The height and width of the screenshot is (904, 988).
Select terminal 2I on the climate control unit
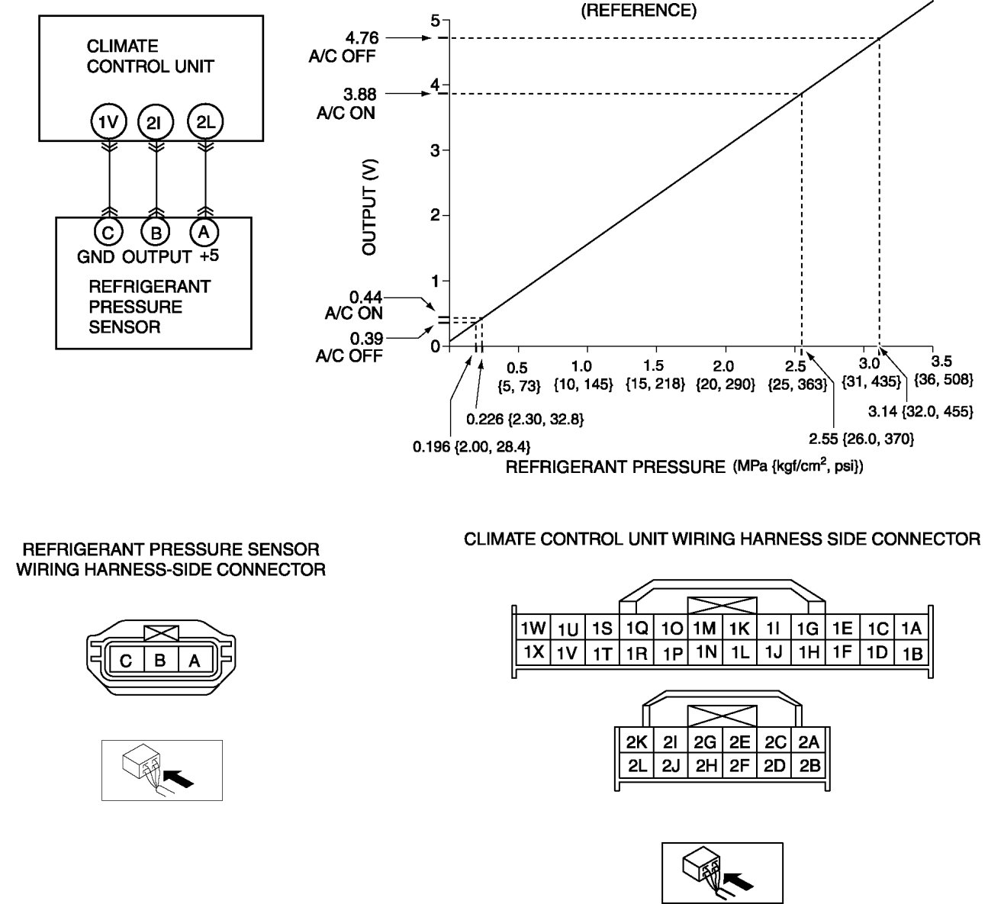[x=156, y=121]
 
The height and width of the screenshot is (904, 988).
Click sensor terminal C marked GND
[x=108, y=232]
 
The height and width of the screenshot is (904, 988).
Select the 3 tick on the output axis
[x=436, y=150]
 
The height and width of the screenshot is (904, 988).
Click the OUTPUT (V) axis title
[x=370, y=207]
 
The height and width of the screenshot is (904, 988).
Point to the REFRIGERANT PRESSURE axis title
[x=614, y=467]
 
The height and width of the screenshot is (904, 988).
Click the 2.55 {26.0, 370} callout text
[x=861, y=439]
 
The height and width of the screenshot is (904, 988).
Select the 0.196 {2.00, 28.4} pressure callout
[x=471, y=446]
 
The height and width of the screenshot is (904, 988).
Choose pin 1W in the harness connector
[x=532, y=628]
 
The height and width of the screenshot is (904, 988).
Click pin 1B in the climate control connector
[x=912, y=653]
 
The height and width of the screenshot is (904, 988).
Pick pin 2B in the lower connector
[x=810, y=765]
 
